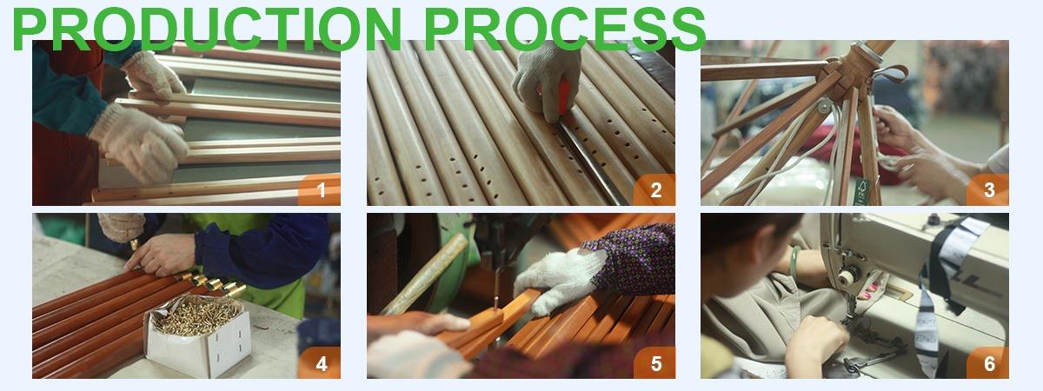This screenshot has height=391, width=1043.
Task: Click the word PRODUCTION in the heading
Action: (206, 29)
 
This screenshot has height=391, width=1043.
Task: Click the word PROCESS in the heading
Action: (565, 29)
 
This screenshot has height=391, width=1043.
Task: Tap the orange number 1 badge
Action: (320, 189)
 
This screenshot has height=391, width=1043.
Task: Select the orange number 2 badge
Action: (654, 189)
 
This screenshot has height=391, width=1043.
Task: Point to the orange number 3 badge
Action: (988, 189)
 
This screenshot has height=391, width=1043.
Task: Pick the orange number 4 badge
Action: (320, 362)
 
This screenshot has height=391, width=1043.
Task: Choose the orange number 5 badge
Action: (654, 362)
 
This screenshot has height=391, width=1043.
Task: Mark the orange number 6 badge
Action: (988, 362)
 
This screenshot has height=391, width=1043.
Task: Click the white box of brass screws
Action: (198, 335)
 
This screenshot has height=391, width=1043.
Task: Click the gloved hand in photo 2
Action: (546, 79)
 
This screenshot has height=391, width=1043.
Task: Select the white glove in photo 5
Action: (556, 278)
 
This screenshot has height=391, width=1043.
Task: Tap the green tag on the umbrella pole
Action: (861, 192)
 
